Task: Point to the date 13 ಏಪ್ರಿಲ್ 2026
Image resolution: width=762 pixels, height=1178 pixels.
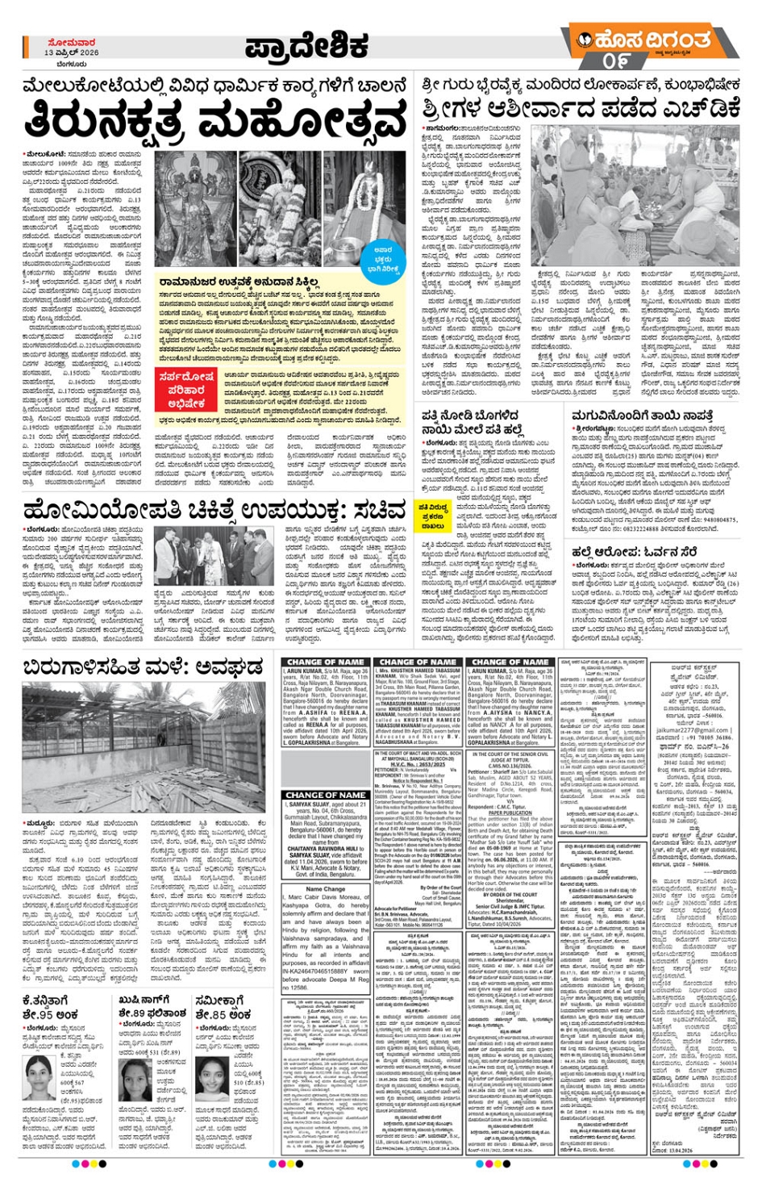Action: (72, 52)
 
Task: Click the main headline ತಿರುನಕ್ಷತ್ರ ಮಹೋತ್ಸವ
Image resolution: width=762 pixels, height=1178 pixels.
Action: (216, 122)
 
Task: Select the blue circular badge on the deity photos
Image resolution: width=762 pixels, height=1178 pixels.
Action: (384, 257)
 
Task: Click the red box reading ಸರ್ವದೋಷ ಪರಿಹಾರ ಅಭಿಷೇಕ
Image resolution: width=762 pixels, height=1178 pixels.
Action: (186, 390)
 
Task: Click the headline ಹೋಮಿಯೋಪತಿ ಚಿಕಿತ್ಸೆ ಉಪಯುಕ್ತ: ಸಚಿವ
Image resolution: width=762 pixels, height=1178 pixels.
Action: (214, 510)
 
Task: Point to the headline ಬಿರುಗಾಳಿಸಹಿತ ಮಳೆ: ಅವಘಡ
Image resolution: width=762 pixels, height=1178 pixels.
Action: (143, 666)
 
